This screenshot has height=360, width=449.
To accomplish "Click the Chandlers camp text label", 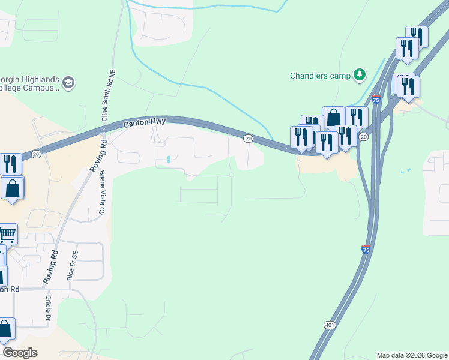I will pyautogui.click(x=319, y=76).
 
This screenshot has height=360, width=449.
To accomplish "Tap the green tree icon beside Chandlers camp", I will pyautogui.click(x=360, y=74).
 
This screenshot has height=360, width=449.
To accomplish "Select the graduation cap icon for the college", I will pyautogui.click(x=68, y=82).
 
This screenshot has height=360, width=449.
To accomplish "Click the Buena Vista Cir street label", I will pyautogui.click(x=101, y=193).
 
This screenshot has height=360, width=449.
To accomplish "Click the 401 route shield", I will pyautogui.click(x=330, y=325).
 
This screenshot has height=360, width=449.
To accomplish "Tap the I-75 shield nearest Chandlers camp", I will pyautogui.click(x=376, y=100).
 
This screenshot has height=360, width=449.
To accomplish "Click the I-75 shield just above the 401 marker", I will pyautogui.click(x=366, y=249).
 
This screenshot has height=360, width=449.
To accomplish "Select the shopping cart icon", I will pyautogui.click(x=7, y=233).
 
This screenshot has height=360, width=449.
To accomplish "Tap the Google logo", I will pyautogui.click(x=20, y=353).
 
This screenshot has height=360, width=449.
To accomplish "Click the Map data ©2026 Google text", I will pyautogui.click(x=412, y=355).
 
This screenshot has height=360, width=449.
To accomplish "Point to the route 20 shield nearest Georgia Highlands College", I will pyautogui.click(x=36, y=154).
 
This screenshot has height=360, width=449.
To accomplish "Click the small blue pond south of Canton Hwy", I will pyautogui.click(x=169, y=160).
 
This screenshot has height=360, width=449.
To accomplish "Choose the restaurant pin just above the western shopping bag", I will pyautogui.click(x=10, y=164).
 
